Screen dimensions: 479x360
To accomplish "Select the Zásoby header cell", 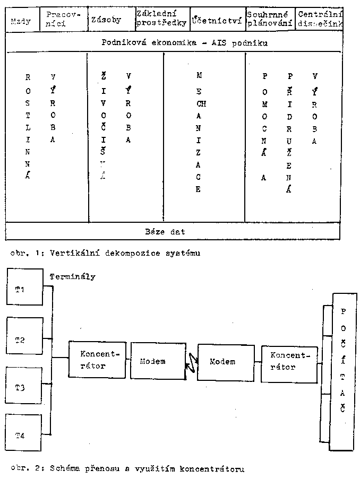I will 109,20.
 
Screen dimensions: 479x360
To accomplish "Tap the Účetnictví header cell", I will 217,21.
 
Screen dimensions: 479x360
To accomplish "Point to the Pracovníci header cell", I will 62,19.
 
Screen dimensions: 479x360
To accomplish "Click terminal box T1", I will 24,286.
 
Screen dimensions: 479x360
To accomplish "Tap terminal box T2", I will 24,337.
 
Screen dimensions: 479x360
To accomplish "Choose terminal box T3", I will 24,387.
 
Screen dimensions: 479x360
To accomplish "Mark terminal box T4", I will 24,436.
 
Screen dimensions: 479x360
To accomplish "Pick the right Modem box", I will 223,362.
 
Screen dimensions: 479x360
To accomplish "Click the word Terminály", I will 72,276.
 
